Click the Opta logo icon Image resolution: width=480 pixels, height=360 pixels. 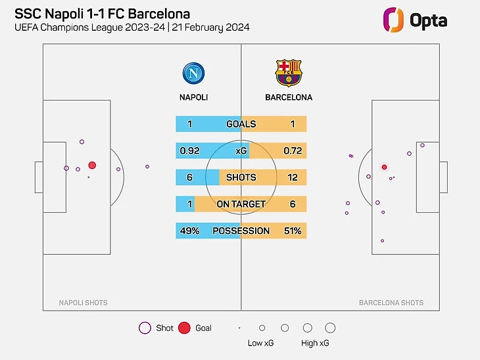[x=393, y=19]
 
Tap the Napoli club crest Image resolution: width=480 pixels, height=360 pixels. [x=193, y=73]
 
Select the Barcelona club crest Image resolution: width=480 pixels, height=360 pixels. [x=288, y=73]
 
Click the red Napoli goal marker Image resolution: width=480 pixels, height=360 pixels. [x=92, y=166]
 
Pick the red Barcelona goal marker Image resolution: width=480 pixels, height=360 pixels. [x=385, y=168]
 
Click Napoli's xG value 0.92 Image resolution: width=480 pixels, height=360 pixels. [x=189, y=151]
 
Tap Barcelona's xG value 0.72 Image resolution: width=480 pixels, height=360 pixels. [x=293, y=151]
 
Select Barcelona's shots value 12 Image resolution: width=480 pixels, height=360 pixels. [x=293, y=177]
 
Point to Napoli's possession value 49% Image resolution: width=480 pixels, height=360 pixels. [x=189, y=231]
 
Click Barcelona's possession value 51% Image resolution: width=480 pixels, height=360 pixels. [x=293, y=231]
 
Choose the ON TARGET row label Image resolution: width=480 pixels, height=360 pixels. [x=241, y=204]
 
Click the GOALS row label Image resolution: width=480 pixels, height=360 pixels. [x=241, y=124]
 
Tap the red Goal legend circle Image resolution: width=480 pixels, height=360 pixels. [x=184, y=328]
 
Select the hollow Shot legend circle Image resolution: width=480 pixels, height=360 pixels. [x=145, y=328]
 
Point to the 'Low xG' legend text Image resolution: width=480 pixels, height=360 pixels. [x=260, y=344]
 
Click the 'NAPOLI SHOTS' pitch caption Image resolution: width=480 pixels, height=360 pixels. [x=84, y=303]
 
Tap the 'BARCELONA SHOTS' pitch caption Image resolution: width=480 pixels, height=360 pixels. [x=391, y=303]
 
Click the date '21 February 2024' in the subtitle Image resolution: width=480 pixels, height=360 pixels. [x=212, y=28]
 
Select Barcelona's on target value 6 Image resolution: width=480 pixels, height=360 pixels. [x=293, y=204]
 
